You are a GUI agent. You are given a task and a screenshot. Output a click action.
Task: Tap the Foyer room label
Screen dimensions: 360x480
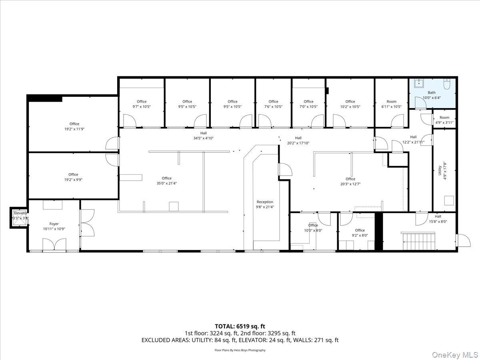coord(54,224)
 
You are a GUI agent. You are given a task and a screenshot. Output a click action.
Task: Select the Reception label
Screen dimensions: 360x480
coord(265,202)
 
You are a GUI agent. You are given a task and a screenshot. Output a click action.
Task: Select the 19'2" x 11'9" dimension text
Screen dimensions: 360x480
coord(74,129)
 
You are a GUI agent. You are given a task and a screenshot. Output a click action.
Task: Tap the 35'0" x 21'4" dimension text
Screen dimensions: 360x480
coord(167,183)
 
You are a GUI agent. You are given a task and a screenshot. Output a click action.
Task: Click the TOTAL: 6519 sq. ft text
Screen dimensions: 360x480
coord(240,326)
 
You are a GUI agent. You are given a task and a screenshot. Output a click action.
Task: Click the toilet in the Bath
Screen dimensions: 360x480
coord(447,84)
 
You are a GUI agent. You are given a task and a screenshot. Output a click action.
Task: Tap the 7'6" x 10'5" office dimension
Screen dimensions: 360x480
coord(274,107)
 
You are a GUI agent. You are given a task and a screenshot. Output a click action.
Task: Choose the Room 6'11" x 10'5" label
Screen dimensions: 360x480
coord(392,102)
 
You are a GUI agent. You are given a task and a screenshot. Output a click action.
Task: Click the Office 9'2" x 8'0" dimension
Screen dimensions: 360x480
coord(360,236)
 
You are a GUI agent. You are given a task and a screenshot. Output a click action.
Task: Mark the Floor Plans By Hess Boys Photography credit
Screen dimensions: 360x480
coord(240,350)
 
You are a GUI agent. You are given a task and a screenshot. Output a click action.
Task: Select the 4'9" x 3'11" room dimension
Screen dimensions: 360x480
coord(445,123)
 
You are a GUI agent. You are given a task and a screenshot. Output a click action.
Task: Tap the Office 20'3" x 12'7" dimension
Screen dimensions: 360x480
coord(350,184)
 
